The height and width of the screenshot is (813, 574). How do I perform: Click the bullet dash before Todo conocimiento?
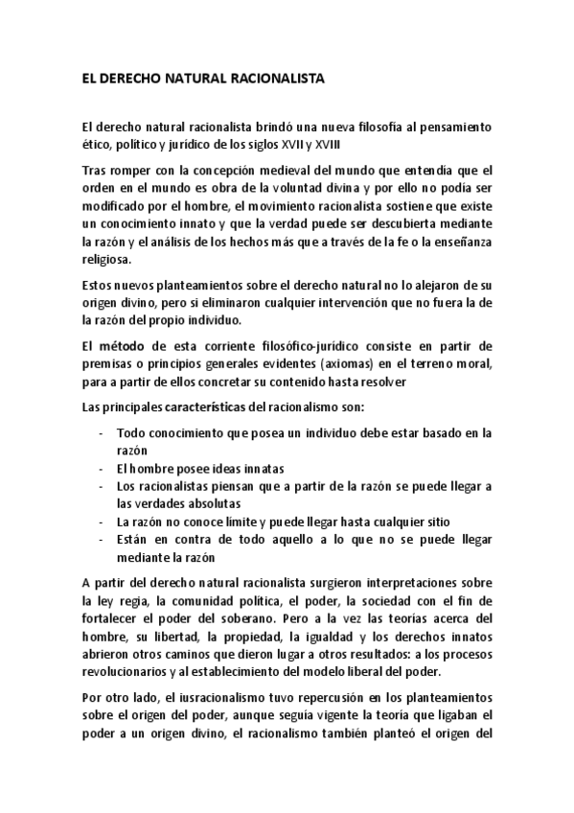102,432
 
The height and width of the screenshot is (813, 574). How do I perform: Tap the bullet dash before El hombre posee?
102,469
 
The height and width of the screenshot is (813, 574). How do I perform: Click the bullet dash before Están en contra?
102,539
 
